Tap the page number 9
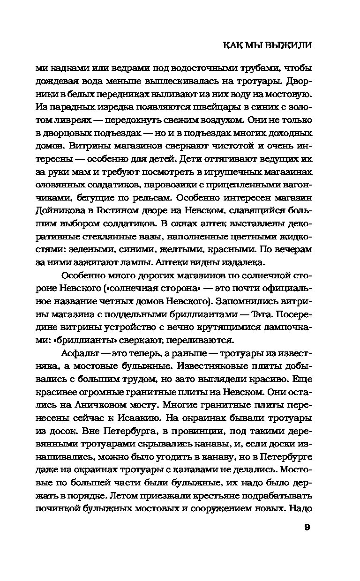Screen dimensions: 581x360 [x=307, y=528]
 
